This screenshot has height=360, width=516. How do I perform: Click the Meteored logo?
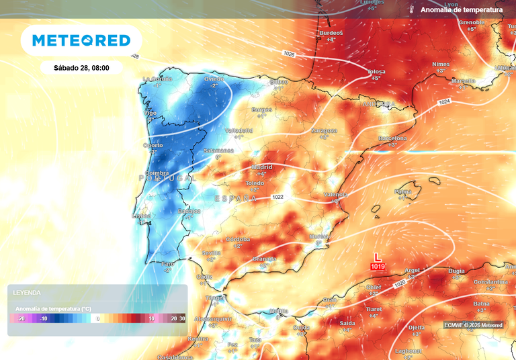coord(81,40)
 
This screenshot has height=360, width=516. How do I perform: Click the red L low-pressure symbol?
coord(378,257)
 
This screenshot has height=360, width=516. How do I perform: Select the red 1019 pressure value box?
coord(378,267)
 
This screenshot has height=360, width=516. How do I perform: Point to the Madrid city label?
coord(261,167)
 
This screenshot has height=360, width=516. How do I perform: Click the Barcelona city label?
coord(392,138)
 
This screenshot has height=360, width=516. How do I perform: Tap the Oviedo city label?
coord(214,79)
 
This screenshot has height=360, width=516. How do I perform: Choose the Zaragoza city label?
coord(324,130)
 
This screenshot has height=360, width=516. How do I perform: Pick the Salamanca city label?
coord(218,151)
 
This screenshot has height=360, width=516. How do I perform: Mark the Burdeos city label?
coord(331,33)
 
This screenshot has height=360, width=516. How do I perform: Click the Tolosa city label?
coord(376,71)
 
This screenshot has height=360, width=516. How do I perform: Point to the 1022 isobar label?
coord(279,197)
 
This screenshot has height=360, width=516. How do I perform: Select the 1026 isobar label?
coord(290,52)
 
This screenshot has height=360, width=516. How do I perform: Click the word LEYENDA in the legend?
coord(27,293)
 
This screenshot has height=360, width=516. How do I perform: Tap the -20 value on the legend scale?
coord(21,318)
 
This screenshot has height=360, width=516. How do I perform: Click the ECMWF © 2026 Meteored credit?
coord(473,325)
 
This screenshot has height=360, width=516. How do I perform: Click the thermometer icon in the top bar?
coord(411,10)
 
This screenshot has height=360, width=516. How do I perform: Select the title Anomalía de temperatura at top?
coord(461,10)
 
